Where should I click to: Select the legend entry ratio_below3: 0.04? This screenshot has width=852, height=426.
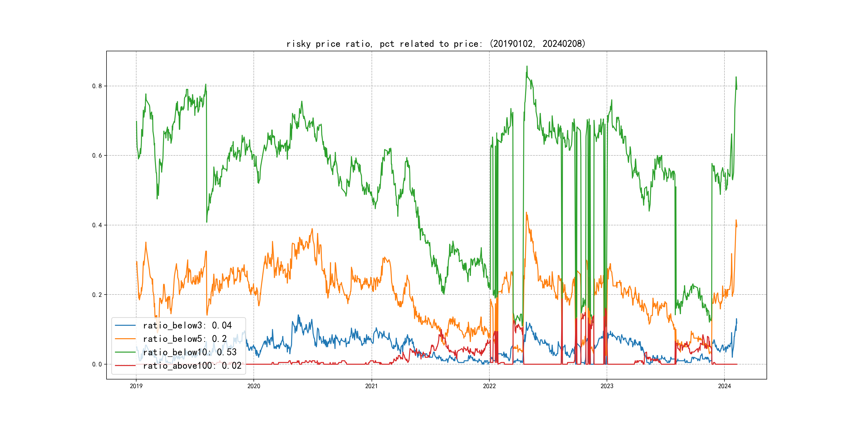point(187,326)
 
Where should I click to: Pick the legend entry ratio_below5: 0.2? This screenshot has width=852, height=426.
point(185,339)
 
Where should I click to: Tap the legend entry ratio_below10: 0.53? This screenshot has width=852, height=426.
point(190,352)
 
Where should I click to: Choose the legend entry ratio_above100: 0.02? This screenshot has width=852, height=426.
point(192,366)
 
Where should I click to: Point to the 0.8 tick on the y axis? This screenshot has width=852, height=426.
point(97,86)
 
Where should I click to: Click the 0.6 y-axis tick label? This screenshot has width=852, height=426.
point(97,156)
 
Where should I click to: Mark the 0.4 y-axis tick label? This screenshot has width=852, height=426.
point(97,225)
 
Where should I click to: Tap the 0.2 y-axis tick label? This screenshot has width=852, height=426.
point(97,295)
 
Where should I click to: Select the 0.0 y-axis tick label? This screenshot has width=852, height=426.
point(97,364)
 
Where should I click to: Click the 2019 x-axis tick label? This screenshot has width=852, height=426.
point(136,386)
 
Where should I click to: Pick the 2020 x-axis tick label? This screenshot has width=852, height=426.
point(254,386)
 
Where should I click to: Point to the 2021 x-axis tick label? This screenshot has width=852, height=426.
point(371,386)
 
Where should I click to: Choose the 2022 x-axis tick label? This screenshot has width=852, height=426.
point(489,386)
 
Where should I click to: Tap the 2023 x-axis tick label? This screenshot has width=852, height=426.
point(607,386)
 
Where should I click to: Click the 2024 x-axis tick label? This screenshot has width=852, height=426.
point(724,386)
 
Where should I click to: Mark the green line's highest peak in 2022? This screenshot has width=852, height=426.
point(527,66)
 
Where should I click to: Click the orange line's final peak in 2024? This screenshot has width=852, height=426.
point(736,220)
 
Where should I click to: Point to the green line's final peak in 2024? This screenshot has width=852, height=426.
point(736,77)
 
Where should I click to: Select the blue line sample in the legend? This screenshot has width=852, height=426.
point(125,326)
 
